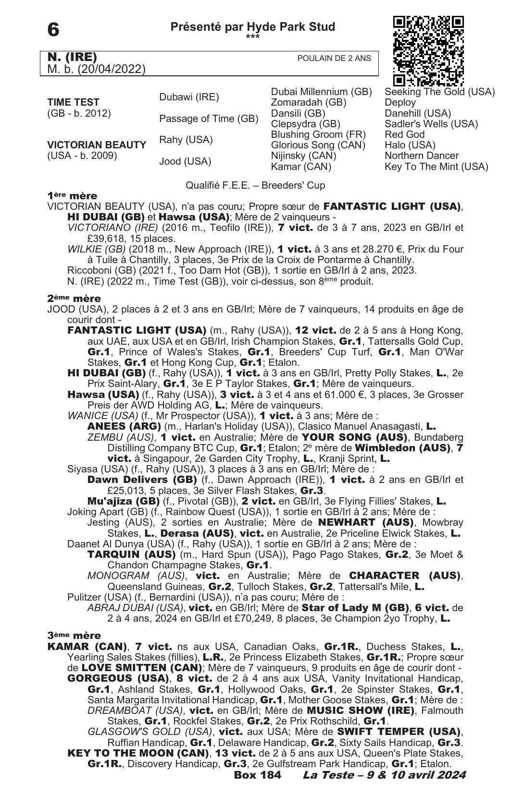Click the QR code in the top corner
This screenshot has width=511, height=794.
[428, 50]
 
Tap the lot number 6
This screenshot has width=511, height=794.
[53, 30]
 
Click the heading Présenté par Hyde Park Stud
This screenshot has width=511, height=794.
[252, 27]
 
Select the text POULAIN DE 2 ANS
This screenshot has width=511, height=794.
[334, 58]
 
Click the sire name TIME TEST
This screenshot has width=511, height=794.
[74, 102]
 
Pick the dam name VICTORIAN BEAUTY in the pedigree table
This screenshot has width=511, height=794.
[97, 144]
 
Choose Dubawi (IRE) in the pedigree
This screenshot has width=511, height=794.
[189, 97]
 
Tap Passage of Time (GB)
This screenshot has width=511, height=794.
[209, 119]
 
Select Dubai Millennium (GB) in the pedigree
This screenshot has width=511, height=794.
[321, 92]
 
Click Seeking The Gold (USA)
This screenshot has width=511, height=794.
[439, 92]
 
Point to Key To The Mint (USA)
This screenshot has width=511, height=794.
[436, 167]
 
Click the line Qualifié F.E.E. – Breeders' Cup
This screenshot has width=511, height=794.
[255, 185]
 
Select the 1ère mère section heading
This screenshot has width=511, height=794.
[72, 196]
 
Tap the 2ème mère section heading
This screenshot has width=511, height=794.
[74, 299]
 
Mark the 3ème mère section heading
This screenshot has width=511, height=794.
[74, 636]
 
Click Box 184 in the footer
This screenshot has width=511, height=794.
[257, 775]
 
